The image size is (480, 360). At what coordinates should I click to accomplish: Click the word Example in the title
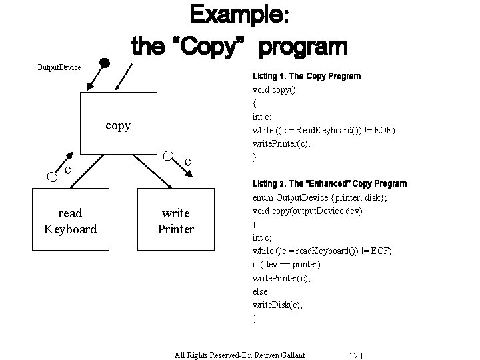[239, 15]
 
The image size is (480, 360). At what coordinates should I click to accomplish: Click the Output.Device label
[58, 67]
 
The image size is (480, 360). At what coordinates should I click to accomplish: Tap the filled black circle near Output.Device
[104, 64]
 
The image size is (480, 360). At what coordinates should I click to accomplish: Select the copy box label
[118, 125]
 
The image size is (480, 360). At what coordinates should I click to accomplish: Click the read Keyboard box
[70, 221]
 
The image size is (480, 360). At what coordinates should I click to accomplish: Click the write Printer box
[175, 221]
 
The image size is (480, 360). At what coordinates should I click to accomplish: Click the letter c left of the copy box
[67, 170]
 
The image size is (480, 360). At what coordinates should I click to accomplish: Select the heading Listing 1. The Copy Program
[307, 76]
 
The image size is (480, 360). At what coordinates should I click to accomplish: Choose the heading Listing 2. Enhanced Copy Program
[329, 183]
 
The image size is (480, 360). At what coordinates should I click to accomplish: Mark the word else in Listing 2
[259, 291]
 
